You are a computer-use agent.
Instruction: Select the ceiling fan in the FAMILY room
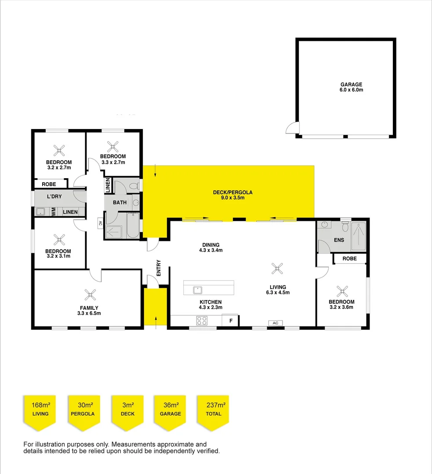click(x=90, y=294)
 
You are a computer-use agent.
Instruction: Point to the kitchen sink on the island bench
click(x=198, y=289)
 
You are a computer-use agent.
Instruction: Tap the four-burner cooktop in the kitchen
click(x=202, y=321)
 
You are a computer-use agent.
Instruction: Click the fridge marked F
click(x=230, y=321)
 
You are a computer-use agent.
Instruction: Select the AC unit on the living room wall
click(x=276, y=323)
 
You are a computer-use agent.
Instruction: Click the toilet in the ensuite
click(x=345, y=226)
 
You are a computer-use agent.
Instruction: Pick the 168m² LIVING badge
click(x=40, y=408)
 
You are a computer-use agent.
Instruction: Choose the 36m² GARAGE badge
click(x=170, y=408)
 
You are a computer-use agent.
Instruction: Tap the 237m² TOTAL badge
click(x=213, y=408)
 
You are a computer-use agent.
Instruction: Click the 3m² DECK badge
click(x=127, y=408)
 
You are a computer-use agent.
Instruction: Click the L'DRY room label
click(x=54, y=196)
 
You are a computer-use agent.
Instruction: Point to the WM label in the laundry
click(x=53, y=212)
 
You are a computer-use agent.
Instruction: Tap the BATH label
click(x=120, y=202)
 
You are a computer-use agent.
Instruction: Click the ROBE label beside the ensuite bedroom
click(x=349, y=259)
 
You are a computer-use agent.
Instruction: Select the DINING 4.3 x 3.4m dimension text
click(x=211, y=251)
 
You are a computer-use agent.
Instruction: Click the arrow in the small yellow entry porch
click(x=156, y=320)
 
